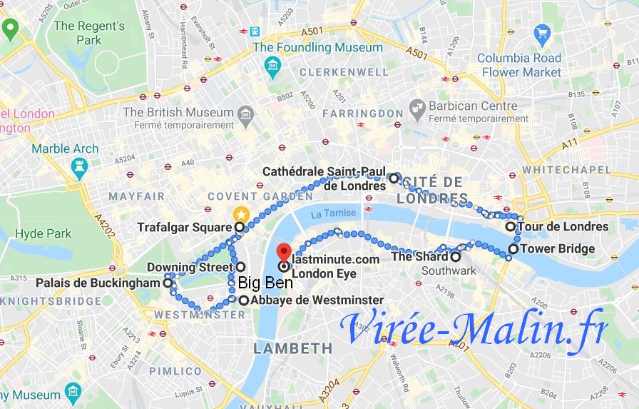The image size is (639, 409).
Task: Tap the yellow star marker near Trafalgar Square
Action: pyautogui.click(x=241, y=213)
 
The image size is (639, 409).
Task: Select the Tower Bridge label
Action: pyautogui.click(x=557, y=249)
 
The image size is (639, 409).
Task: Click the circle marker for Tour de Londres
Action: pyautogui.click(x=511, y=226)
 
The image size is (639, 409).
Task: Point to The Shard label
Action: pyautogui.click(x=420, y=256)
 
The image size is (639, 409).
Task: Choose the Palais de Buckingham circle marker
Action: pyautogui.click(x=168, y=283)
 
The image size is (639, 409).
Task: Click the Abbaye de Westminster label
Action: pyautogui.click(x=317, y=301)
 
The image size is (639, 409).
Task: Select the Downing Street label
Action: pyautogui.click(x=190, y=267)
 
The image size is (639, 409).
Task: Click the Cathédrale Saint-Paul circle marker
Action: pyautogui.click(x=393, y=178)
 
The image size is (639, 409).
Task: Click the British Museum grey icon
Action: pyautogui.click(x=246, y=113)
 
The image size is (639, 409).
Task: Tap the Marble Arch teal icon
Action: pyautogui.click(x=78, y=168)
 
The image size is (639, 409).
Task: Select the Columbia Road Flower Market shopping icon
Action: pyautogui.click(x=542, y=34)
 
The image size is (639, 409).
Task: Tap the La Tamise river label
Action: pyautogui.click(x=332, y=213)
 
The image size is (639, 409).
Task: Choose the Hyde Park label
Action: pyautogui.click(x=44, y=234)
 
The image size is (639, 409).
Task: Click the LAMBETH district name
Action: pyautogui.click(x=293, y=348)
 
